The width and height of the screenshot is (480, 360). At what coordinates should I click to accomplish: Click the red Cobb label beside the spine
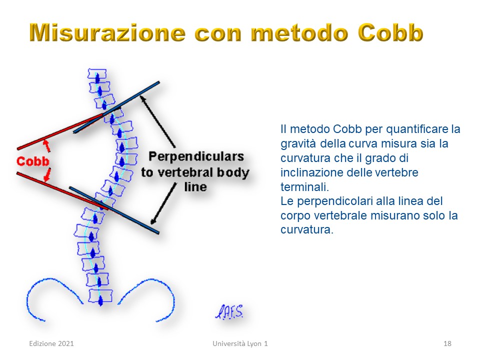pyautogui.click(x=33, y=161)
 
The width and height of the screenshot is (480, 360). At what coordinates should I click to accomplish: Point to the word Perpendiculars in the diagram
pyautogui.click(x=196, y=156)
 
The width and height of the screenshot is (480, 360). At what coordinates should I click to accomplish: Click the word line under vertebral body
pyautogui.click(x=195, y=186)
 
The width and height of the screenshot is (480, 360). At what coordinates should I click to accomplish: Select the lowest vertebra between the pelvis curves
pyautogui.click(x=100, y=296)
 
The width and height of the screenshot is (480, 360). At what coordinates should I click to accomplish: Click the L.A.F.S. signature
pyautogui.click(x=229, y=312)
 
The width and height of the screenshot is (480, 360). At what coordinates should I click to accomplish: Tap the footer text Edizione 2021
pyautogui.click(x=51, y=343)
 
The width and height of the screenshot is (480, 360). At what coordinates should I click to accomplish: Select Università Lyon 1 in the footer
pyautogui.click(x=240, y=343)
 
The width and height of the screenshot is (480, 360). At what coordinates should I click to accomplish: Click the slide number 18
pyautogui.click(x=447, y=343)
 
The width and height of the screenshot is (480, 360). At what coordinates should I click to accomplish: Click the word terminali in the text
pyautogui.click(x=303, y=186)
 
